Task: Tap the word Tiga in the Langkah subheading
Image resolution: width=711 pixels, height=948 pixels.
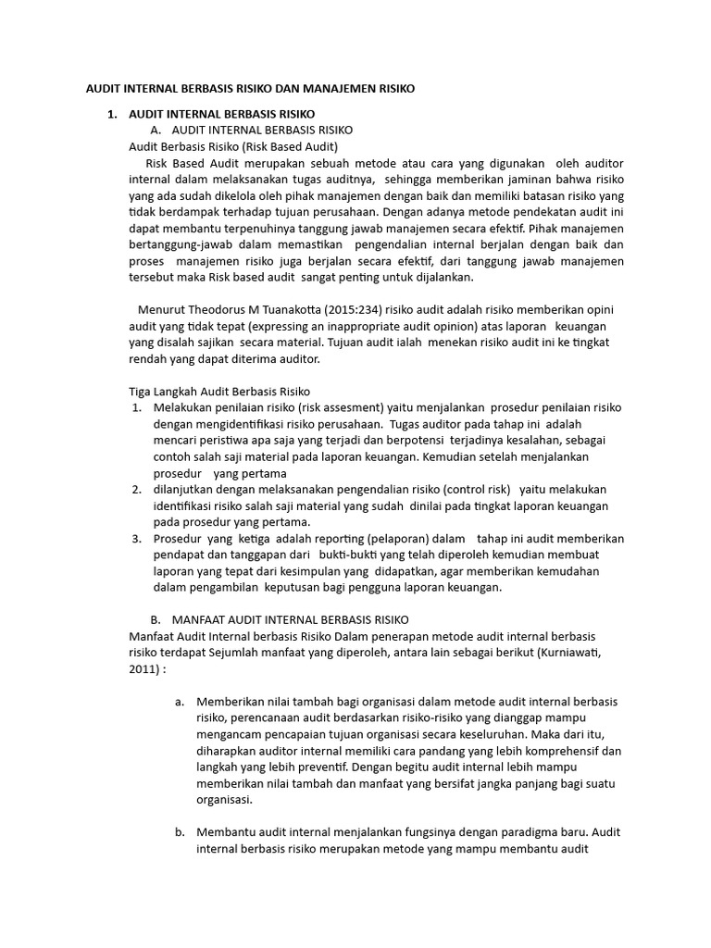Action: click(x=139, y=391)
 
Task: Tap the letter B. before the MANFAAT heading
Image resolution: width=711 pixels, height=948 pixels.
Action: click(x=156, y=619)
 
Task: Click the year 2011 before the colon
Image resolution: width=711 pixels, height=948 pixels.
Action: click(x=140, y=669)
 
